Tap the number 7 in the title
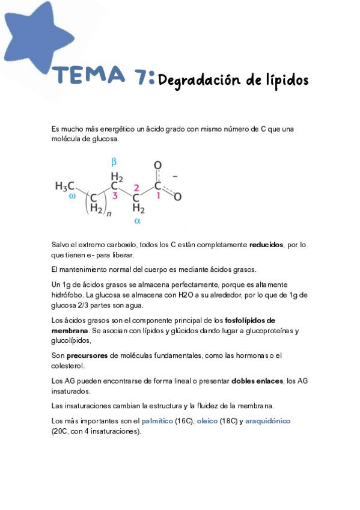click(143, 76)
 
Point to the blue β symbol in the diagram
click(114, 162)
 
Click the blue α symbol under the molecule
click(137, 221)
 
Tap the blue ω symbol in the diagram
click(72, 195)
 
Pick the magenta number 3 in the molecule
click(115, 195)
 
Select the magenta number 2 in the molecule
click(136, 187)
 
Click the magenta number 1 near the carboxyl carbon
click(158, 195)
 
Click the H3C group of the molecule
click(64, 186)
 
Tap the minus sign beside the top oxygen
click(175, 177)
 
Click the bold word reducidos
click(267, 245)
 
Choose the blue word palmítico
click(156, 421)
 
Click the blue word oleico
click(207, 421)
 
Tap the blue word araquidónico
click(267, 421)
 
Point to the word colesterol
click(68, 365)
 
